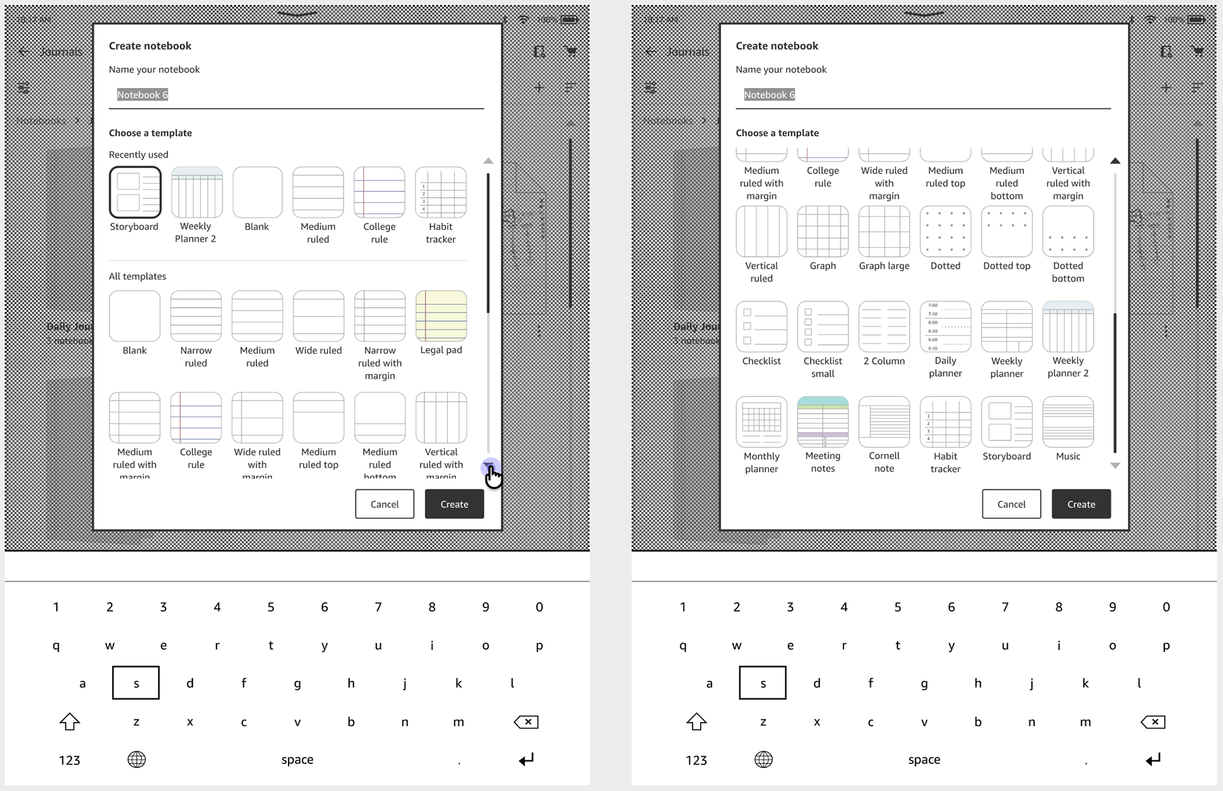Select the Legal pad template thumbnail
pos(441,316)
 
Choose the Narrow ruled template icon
pos(196,316)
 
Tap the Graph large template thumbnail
pos(883,231)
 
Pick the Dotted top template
pos(1006,231)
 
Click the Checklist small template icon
pos(822,326)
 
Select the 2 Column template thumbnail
pos(883,326)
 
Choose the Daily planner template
pos(945,326)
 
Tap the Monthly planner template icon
pos(761,422)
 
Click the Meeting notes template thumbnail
pos(822,422)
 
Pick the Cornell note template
pos(883,422)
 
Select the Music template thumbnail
pos(1068,422)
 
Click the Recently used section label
pos(138,154)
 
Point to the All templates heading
pos(137,276)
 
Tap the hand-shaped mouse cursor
pos(493,475)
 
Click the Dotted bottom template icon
pos(1068,231)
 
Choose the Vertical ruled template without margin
pos(761,231)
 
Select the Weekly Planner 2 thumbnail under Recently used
pos(196,192)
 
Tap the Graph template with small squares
pos(822,231)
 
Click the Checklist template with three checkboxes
pos(761,326)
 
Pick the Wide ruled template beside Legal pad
pos(318,316)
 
